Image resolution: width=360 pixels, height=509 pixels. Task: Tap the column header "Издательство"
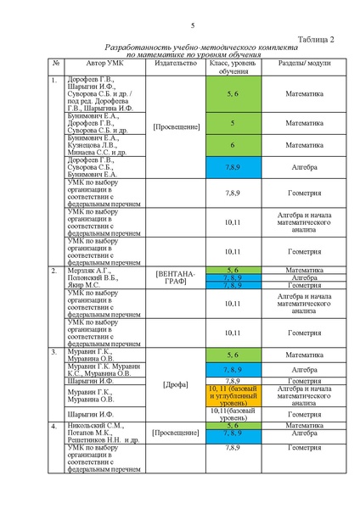[x=176, y=64]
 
